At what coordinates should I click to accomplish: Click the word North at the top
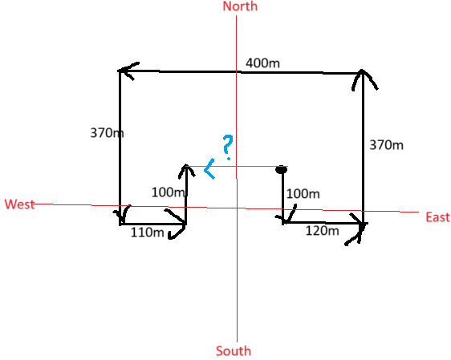(240, 6)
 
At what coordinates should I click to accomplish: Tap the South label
(234, 351)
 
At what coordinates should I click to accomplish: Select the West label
(19, 204)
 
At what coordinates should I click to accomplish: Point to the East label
(437, 217)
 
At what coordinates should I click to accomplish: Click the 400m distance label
(262, 63)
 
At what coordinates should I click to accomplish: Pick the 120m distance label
(322, 231)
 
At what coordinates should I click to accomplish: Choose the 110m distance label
(148, 233)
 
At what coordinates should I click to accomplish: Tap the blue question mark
(228, 147)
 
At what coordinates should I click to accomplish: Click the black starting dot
(282, 169)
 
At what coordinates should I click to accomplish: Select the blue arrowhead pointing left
(209, 169)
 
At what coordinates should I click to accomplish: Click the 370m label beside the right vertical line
(386, 145)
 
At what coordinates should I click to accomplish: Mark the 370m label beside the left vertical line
(107, 133)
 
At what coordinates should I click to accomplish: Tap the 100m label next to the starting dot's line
(303, 194)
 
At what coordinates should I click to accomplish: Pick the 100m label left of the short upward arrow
(169, 192)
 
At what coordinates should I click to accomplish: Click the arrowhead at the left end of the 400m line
(128, 71)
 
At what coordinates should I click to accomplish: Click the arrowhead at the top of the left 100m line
(186, 169)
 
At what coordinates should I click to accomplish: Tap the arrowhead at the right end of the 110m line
(176, 224)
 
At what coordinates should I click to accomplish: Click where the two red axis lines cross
(237, 208)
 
